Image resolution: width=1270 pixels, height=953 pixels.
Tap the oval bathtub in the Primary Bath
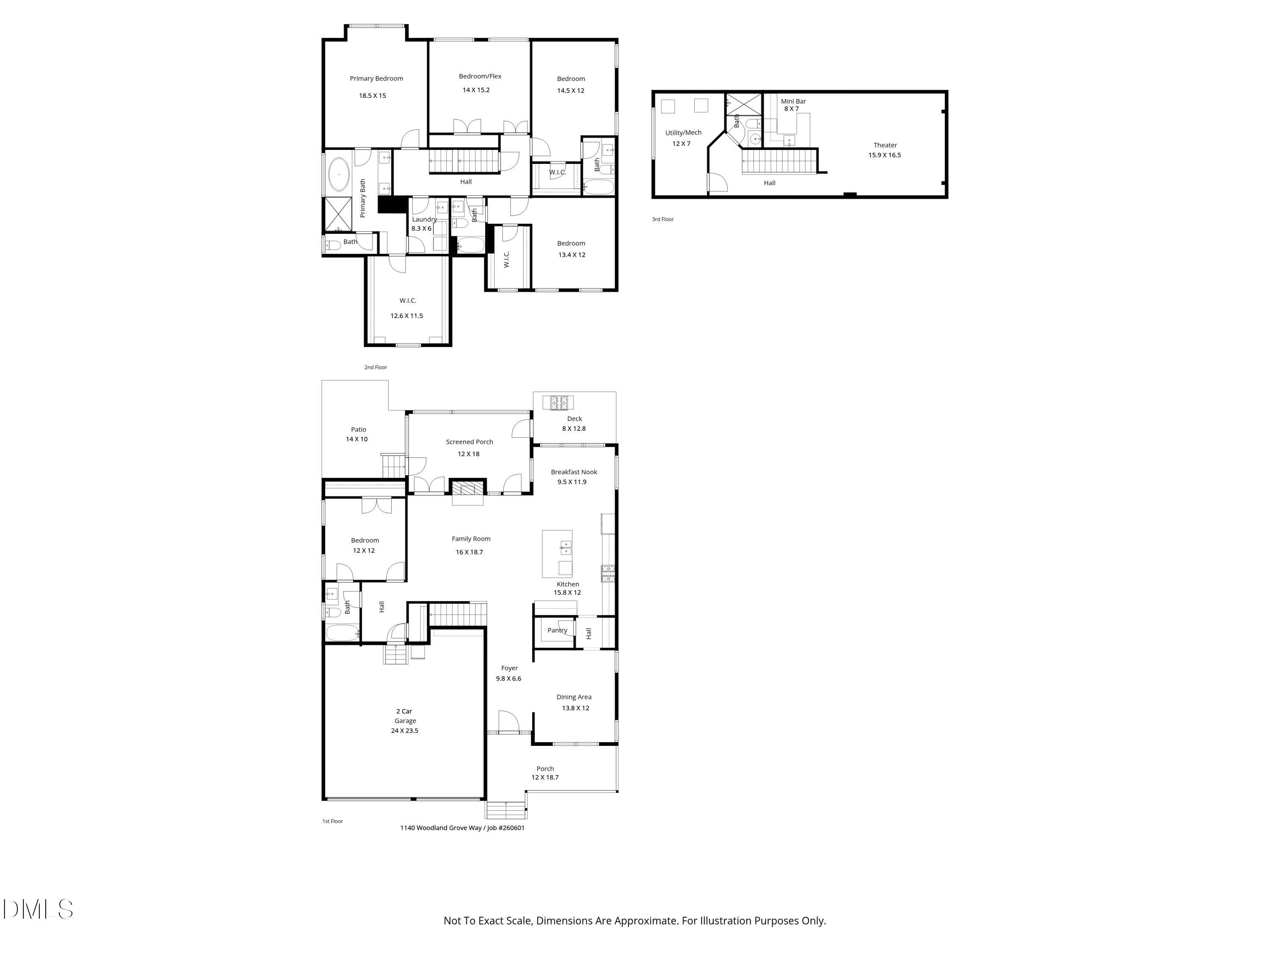tap(339, 174)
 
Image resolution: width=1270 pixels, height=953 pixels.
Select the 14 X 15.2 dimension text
tap(476, 90)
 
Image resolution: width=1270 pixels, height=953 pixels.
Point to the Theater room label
tap(885, 145)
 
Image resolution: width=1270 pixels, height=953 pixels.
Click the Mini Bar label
tap(793, 102)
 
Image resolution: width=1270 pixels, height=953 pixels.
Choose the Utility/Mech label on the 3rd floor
tap(683, 133)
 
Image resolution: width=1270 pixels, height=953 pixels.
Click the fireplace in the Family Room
tap(467, 490)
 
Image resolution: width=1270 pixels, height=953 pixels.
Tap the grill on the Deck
tap(558, 403)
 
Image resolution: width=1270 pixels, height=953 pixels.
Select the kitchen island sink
tap(566, 547)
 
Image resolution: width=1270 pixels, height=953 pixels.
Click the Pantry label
tap(557, 630)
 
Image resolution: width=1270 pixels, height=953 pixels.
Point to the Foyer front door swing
tap(508, 721)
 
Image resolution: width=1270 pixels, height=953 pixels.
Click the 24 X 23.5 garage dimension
tap(404, 731)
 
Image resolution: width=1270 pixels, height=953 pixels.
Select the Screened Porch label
tap(469, 442)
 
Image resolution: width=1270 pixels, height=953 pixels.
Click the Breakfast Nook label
tap(574, 472)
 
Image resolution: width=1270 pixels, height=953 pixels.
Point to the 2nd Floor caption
tap(375, 367)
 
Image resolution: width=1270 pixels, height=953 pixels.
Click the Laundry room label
tap(424, 219)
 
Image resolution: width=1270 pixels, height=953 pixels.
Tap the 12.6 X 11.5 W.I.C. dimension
tap(406, 316)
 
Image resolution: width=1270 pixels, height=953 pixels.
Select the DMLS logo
tap(38, 909)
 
